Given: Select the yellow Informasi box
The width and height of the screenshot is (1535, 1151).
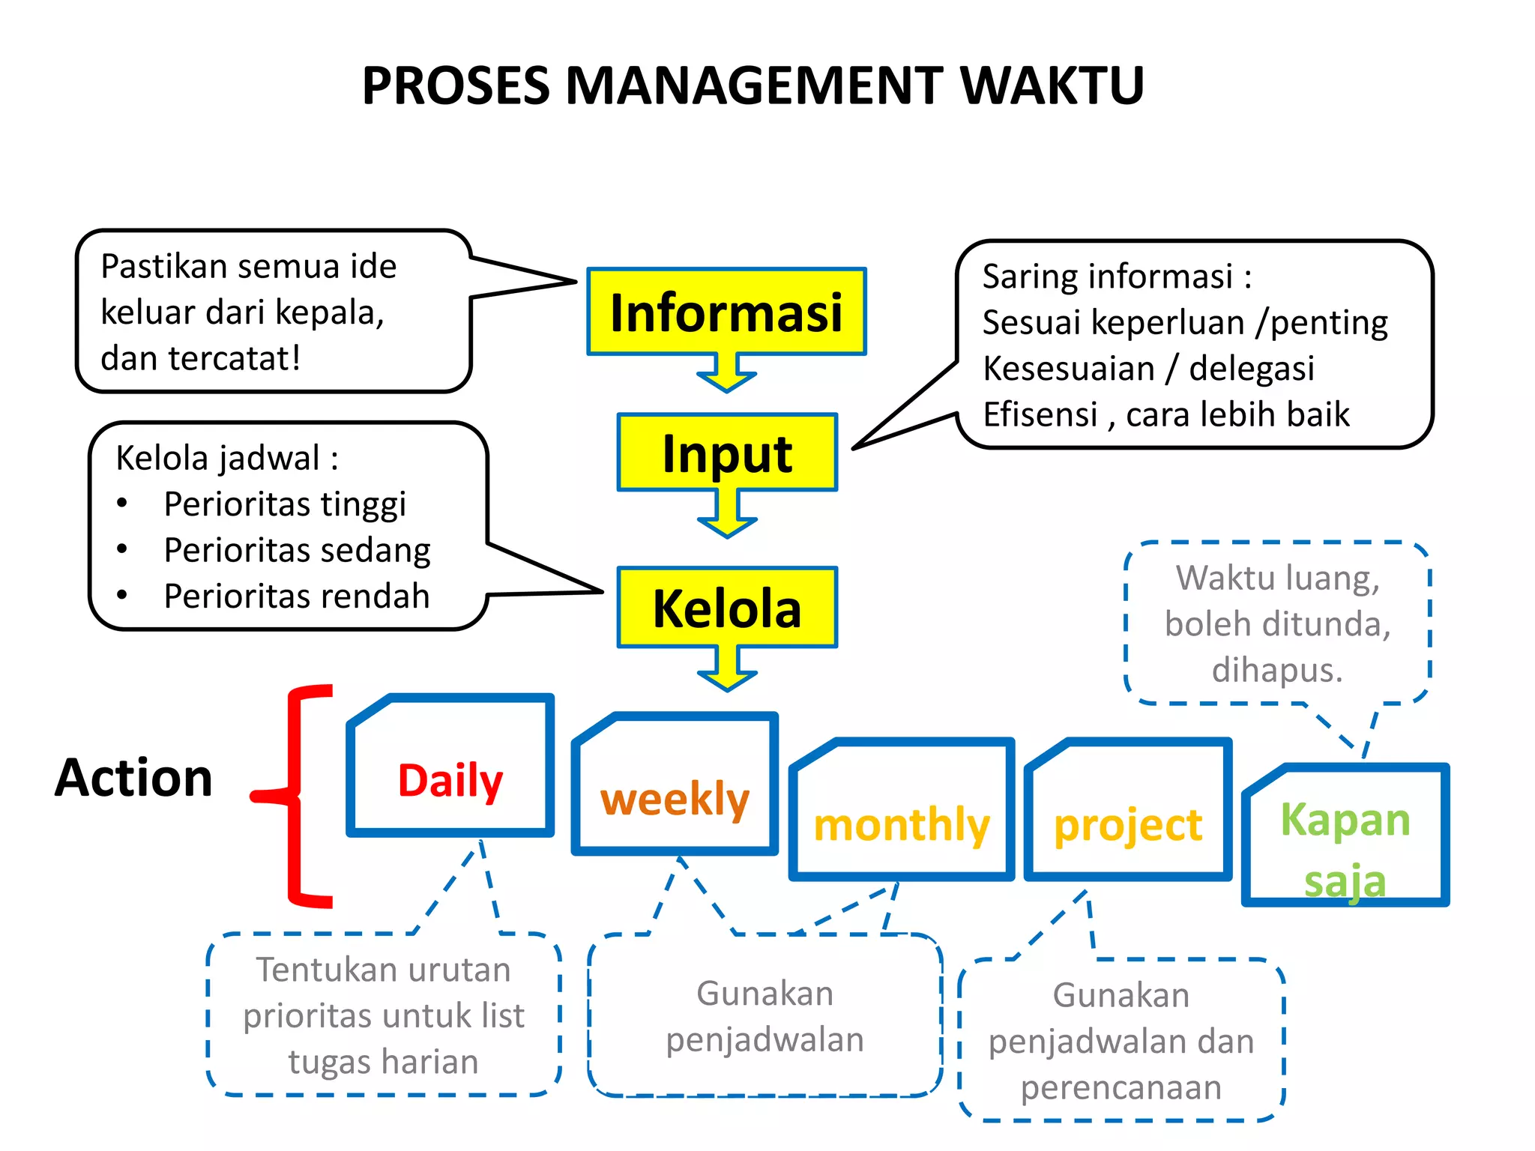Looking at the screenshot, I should coord(726,312).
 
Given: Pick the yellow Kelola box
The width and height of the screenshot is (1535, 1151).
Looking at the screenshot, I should coord(727,608).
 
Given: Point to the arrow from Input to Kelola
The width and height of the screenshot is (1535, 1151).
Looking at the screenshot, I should coord(727,516).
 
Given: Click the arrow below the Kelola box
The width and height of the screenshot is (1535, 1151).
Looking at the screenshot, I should coord(727,669).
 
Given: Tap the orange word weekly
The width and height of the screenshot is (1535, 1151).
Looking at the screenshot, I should coord(675,799).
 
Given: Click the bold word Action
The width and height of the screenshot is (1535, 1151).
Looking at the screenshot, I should coord(134,778).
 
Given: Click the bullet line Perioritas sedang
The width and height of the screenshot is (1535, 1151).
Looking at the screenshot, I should coord(297,550).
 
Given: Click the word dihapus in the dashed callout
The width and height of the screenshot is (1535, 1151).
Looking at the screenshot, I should coord(1276,670).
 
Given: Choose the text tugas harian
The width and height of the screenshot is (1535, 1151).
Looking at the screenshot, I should coord(383,1062).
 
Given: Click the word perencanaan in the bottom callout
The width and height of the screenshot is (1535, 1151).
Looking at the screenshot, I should coord(1121,1087).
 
